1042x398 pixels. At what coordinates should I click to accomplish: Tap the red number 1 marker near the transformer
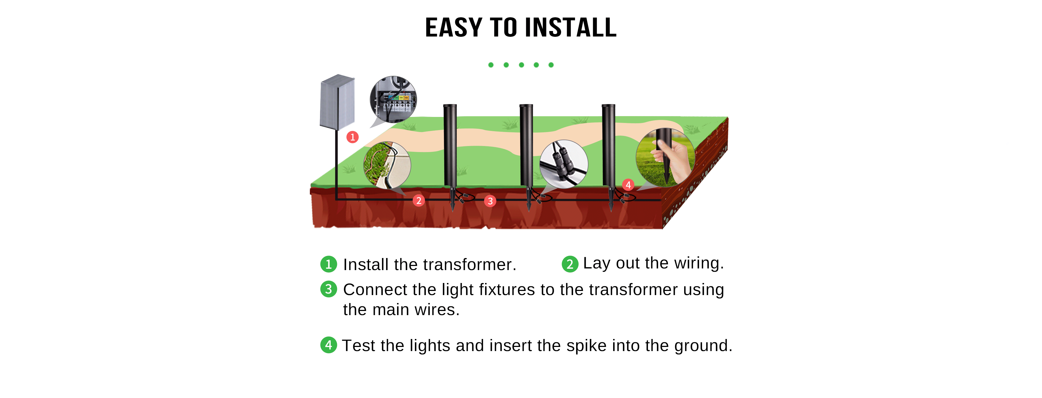click(352, 137)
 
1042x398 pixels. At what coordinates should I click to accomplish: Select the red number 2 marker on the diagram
click(419, 200)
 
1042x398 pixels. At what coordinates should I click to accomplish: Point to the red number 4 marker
click(628, 185)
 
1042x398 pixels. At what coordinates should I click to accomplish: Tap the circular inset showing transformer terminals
click(393, 99)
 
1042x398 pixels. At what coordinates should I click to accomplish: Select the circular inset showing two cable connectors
click(564, 164)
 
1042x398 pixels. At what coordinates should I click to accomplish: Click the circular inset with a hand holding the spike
click(665, 158)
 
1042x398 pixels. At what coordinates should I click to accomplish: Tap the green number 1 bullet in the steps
click(329, 264)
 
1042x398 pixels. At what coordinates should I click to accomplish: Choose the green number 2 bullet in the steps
click(570, 264)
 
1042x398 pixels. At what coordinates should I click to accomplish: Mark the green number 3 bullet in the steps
click(329, 289)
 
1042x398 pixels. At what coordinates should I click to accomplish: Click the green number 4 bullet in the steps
click(329, 345)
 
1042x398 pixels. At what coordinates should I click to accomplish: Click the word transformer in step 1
click(475, 265)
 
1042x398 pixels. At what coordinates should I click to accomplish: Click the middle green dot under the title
click(521, 65)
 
